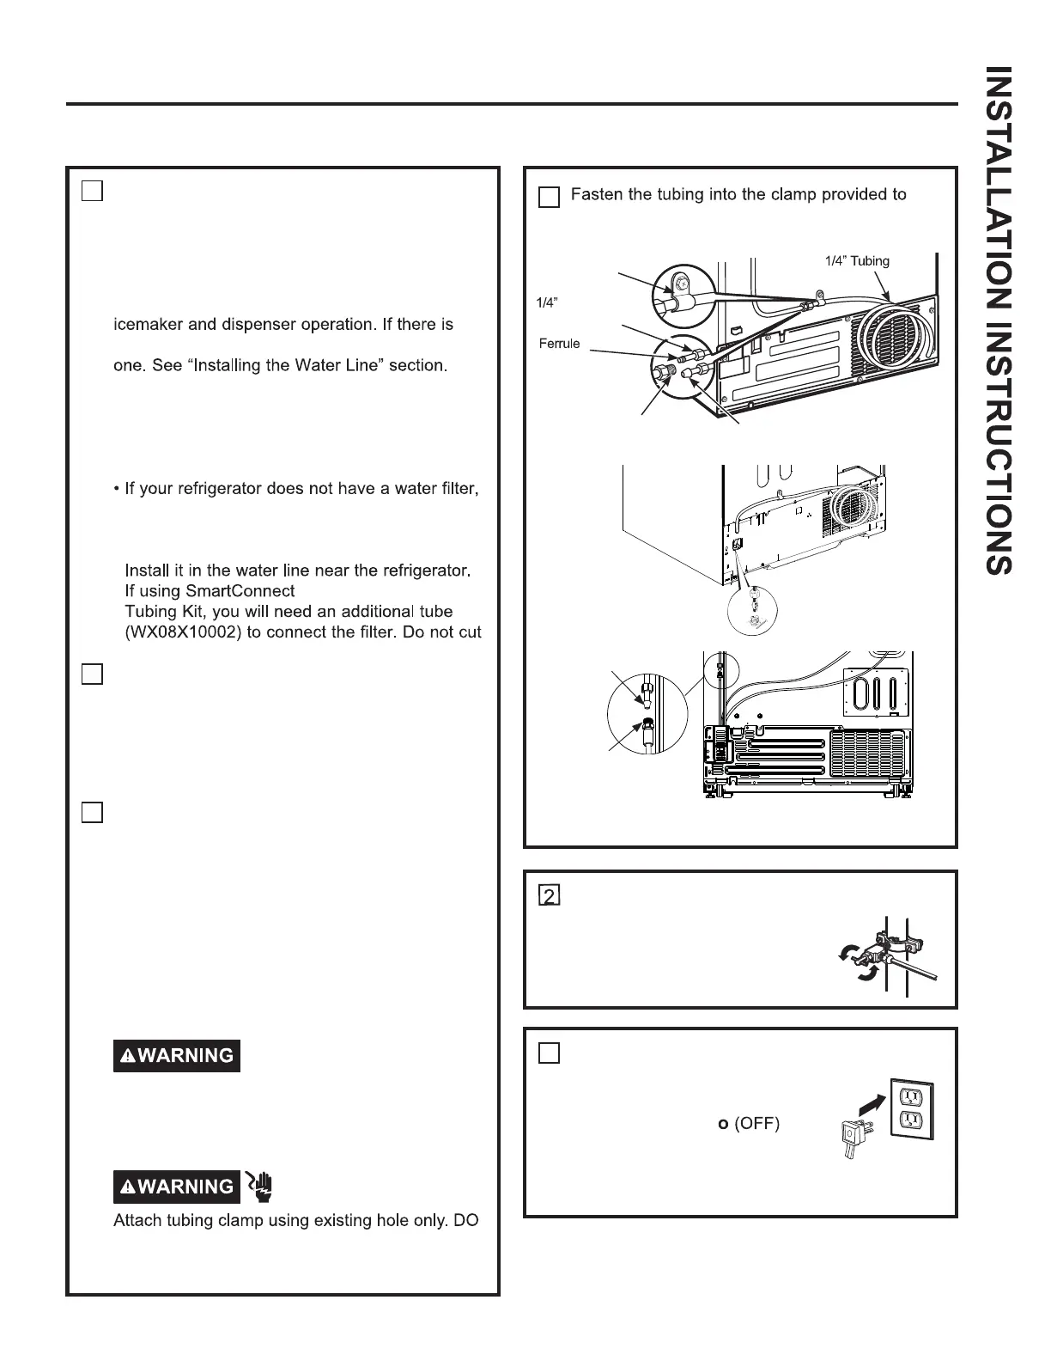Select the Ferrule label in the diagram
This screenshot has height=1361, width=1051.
(x=559, y=344)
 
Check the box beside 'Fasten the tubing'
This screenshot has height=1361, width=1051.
(x=549, y=198)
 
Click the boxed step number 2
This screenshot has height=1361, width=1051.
(x=549, y=895)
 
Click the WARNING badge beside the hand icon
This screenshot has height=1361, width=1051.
(x=177, y=1187)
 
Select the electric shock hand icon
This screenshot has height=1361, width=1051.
(x=260, y=1185)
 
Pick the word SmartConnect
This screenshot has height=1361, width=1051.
(x=240, y=591)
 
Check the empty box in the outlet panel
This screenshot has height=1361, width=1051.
(x=549, y=1053)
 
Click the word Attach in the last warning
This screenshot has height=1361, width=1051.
(x=137, y=1220)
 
